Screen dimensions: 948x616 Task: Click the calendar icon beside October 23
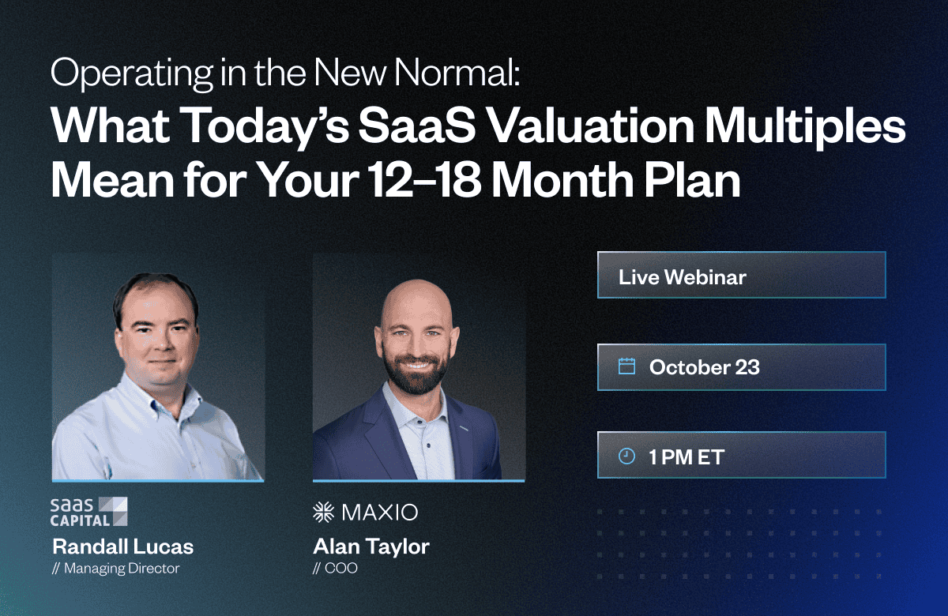pyautogui.click(x=626, y=366)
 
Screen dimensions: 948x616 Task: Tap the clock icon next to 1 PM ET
pyautogui.click(x=626, y=456)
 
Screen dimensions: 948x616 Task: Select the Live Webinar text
pyautogui.click(x=683, y=277)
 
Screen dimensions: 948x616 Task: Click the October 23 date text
pyautogui.click(x=704, y=366)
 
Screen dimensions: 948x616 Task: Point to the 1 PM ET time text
pyautogui.click(x=687, y=457)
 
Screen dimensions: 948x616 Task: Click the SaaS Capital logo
pyautogui.click(x=88, y=512)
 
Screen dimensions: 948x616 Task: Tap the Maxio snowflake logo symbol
pyautogui.click(x=323, y=512)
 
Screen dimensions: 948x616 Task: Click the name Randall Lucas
pyautogui.click(x=122, y=547)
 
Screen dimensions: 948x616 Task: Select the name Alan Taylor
pyautogui.click(x=371, y=547)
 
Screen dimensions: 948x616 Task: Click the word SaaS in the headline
pyautogui.click(x=417, y=126)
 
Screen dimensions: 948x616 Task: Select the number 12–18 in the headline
pyautogui.click(x=425, y=180)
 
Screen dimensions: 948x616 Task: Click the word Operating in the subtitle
pyautogui.click(x=132, y=73)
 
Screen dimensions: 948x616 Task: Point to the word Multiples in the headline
pyautogui.click(x=805, y=127)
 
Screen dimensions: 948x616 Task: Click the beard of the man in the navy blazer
pyautogui.click(x=416, y=373)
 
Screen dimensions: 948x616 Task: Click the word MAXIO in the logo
pyautogui.click(x=380, y=513)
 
